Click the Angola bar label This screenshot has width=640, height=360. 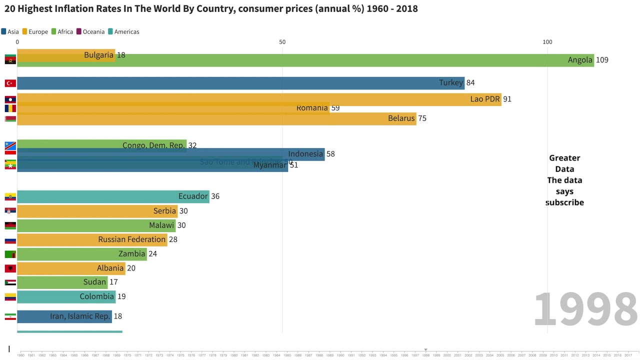[x=580, y=60]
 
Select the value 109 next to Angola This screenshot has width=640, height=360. [x=602, y=60]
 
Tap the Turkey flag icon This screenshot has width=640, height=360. [x=10, y=83]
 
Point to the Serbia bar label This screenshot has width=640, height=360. [x=164, y=211]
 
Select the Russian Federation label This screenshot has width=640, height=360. [x=131, y=239]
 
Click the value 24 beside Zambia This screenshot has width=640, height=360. [x=152, y=254]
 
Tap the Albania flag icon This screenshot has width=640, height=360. [x=10, y=268]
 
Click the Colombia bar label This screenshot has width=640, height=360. [x=97, y=296]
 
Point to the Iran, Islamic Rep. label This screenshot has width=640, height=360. [x=79, y=316]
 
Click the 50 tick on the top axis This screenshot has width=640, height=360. [x=282, y=42]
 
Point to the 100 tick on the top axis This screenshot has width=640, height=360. [x=547, y=42]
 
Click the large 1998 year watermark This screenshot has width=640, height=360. [x=585, y=309]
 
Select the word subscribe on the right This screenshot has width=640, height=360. [x=564, y=202]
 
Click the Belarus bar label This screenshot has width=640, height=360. [x=401, y=118]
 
